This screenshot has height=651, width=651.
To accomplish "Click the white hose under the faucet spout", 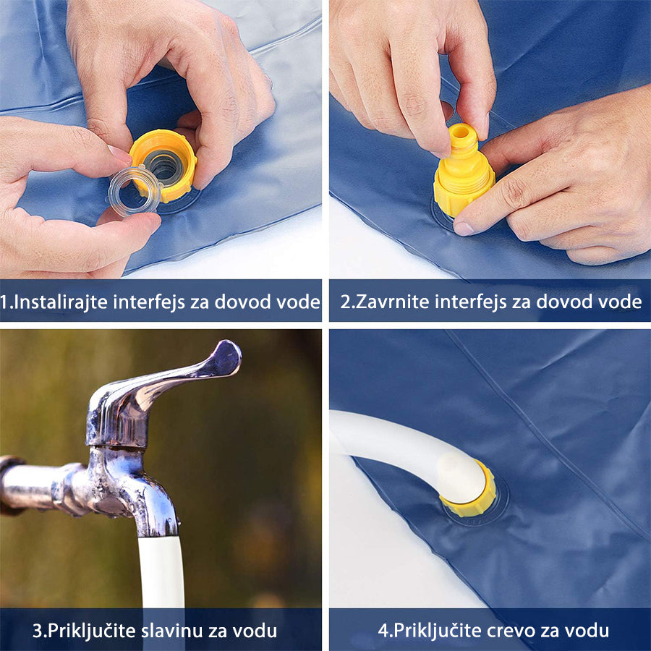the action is [161, 572].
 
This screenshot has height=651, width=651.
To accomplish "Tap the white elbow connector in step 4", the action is [461, 477].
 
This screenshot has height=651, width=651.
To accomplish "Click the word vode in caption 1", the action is [298, 302].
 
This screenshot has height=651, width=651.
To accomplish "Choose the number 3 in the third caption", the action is [38, 631].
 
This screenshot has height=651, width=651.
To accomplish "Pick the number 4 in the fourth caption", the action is [383, 631].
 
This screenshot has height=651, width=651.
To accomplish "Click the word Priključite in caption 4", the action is [437, 631].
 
